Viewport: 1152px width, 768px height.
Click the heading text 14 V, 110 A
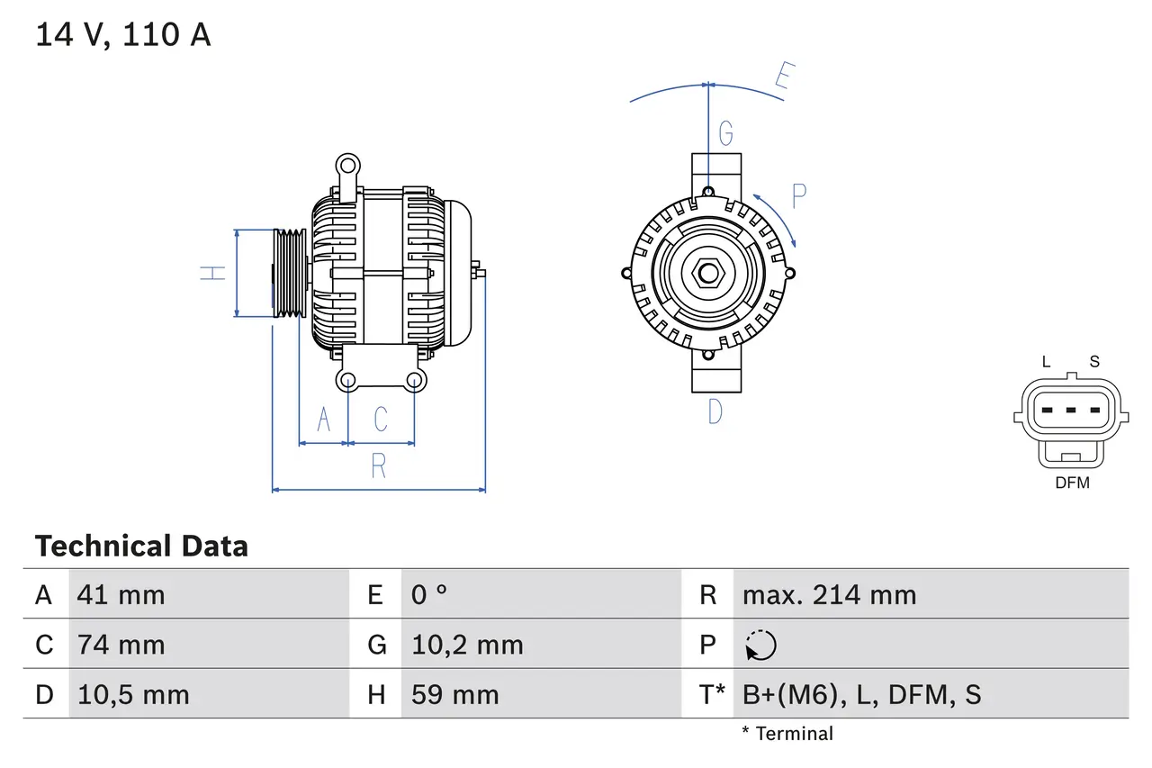[x=122, y=34]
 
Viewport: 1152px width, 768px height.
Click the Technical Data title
[x=141, y=546]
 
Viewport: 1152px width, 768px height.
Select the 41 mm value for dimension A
[x=121, y=594]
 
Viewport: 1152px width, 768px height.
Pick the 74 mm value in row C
[x=121, y=645]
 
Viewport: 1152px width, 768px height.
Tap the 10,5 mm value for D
[x=133, y=694]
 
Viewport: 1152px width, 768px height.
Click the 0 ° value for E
[x=429, y=594]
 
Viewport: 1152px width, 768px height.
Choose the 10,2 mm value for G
[x=467, y=645]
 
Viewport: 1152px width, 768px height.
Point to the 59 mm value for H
[x=454, y=694]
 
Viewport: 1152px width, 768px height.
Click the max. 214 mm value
[x=829, y=594]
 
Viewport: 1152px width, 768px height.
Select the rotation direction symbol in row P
[x=760, y=645]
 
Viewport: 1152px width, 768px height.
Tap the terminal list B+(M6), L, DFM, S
[x=861, y=694]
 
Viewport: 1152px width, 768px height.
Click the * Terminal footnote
[x=787, y=734]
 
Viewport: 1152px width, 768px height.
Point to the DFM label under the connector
[x=1072, y=483]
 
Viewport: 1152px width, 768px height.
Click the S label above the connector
[x=1094, y=362]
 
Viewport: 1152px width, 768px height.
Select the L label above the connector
[x=1046, y=362]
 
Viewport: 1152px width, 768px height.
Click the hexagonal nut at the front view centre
[x=708, y=273]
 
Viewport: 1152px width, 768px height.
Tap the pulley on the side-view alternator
[x=290, y=273]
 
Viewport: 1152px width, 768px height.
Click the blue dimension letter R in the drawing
[x=379, y=466]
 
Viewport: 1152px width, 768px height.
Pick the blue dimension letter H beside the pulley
[x=212, y=273]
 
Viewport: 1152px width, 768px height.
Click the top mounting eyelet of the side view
[x=346, y=166]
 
